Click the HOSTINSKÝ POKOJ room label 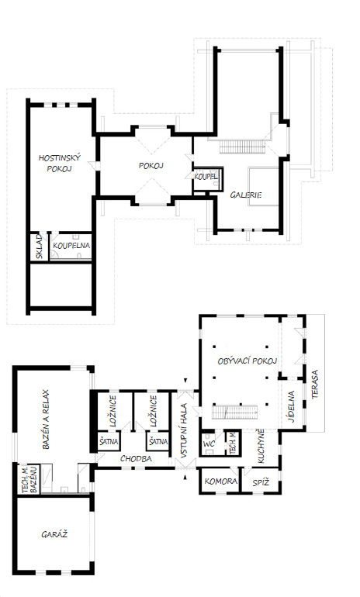click(x=60, y=163)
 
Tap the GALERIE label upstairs click(x=246, y=195)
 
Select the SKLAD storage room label click(x=40, y=247)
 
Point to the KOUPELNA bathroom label click(x=71, y=246)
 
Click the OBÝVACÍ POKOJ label click(x=247, y=361)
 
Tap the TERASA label click(x=315, y=385)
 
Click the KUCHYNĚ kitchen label click(x=261, y=447)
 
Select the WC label click(x=209, y=444)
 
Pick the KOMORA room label click(x=221, y=481)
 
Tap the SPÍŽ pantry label click(x=261, y=482)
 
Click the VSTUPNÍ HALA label click(x=184, y=430)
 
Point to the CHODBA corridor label click(x=136, y=459)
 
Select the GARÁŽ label click(x=54, y=534)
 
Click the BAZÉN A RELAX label click(x=46, y=419)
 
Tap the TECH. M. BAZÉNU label click(x=30, y=479)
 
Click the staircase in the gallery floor click(x=242, y=147)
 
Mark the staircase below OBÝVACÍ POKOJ click(x=234, y=412)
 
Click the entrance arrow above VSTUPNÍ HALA click(x=185, y=381)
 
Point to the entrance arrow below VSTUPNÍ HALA click(x=185, y=478)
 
